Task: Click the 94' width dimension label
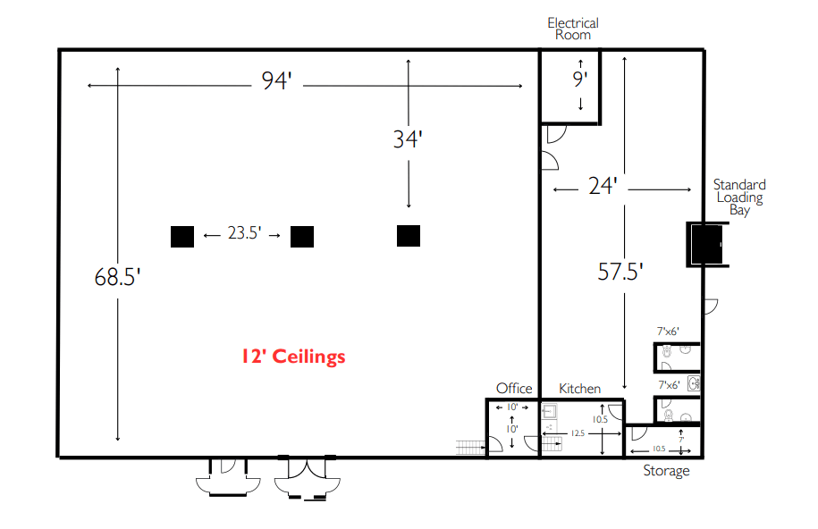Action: click(276, 80)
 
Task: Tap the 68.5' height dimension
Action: click(117, 277)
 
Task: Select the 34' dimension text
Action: click(408, 139)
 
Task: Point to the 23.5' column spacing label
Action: click(244, 232)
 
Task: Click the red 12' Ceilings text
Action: click(293, 357)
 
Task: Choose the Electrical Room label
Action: click(573, 29)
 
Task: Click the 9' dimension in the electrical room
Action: click(580, 79)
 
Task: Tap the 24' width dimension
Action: click(603, 186)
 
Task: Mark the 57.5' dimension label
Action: click(620, 272)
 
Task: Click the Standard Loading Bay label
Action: click(739, 197)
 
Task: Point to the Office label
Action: click(514, 389)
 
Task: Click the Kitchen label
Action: click(579, 389)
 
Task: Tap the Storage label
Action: click(666, 471)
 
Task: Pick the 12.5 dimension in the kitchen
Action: click(578, 433)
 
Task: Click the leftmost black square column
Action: click(182, 236)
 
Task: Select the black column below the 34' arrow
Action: click(409, 236)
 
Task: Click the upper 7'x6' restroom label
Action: click(668, 332)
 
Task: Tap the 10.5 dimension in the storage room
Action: click(659, 449)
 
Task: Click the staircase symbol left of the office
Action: click(470, 447)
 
